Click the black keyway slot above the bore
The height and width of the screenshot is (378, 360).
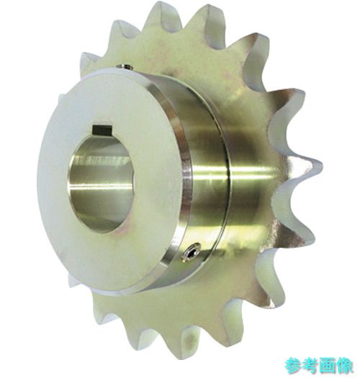pos(102,130)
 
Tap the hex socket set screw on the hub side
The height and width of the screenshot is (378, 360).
pos(191,252)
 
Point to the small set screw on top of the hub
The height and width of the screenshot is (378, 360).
pos(125,67)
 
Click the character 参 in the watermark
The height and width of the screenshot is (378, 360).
pos(293,366)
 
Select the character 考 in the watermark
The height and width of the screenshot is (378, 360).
pos(310,366)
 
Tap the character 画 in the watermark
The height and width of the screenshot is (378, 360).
pos(328,366)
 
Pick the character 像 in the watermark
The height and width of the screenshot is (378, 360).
pos(345,366)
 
